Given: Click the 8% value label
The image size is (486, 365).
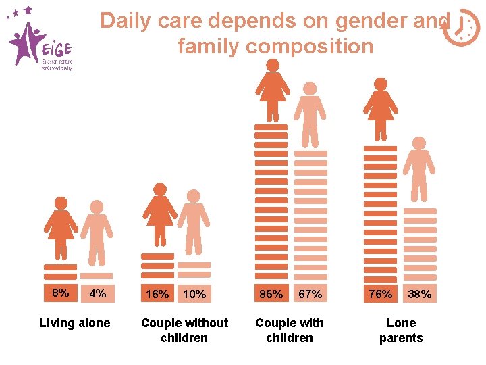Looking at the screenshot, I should point(61,293).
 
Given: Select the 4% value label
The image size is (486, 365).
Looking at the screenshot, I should point(97,295).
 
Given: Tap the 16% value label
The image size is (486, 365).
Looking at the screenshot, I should point(157,295).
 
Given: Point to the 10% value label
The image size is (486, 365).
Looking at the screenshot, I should point(194,295).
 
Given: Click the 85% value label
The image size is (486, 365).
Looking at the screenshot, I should point(271,295).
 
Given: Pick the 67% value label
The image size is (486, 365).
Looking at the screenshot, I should point(310,295).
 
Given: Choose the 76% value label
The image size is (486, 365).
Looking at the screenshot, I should point(380,295).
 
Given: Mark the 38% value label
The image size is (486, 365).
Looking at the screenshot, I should point(419,295).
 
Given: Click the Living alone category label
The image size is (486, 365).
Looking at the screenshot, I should point(74,323).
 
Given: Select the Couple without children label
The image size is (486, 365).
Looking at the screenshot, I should point(184,330).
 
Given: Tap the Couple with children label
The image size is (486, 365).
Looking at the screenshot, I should point(290,330).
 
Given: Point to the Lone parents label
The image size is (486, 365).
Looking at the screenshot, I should point(401,330).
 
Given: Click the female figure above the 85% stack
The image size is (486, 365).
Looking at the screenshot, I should point(272,91).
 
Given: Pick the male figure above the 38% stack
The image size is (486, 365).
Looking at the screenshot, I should point(419,169).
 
